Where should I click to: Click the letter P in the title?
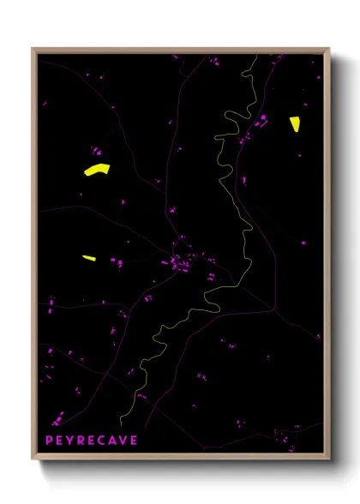48,441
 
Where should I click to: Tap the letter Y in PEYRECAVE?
70,441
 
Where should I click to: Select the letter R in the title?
81,441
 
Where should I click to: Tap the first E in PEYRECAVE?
59,441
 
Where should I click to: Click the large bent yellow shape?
98,169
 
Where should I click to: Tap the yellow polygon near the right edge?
294,123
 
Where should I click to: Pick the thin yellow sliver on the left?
88,257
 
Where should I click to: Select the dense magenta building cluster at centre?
182,260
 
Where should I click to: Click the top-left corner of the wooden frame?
33,49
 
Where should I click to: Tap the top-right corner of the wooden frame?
328,49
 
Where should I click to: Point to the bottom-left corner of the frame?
33,460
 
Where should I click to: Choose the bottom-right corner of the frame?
328,460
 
